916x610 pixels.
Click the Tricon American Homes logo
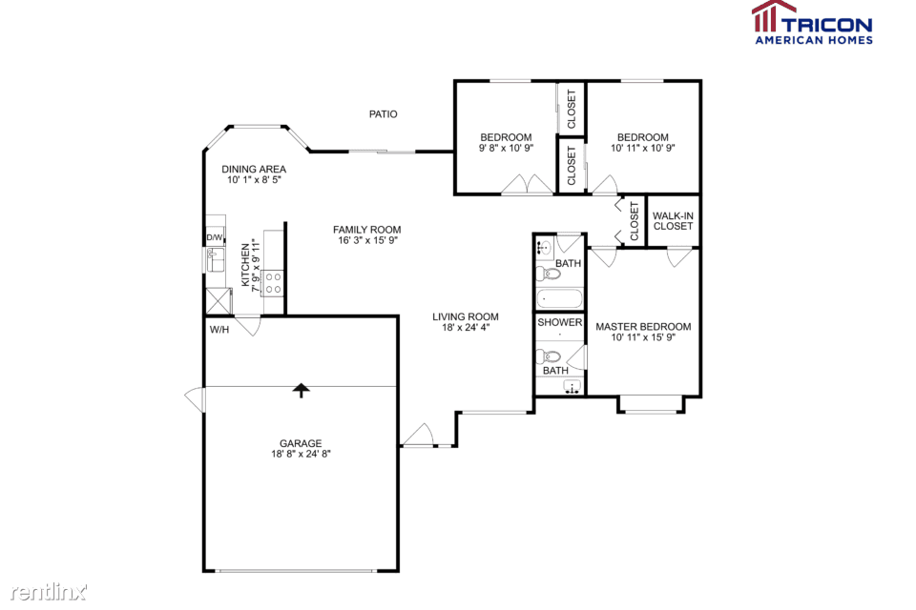[813, 23]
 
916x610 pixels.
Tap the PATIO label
[384, 114]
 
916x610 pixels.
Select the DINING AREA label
[254, 170]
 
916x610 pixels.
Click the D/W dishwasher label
[215, 237]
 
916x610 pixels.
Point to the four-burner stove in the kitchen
[273, 283]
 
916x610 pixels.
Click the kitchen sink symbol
[216, 259]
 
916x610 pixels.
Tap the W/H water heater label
[219, 330]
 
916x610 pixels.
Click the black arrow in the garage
[301, 391]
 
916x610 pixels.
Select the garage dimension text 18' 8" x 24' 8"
[301, 454]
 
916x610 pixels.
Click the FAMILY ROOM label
[366, 230]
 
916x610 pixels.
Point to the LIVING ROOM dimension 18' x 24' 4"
[466, 328]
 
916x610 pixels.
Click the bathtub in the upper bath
[559, 299]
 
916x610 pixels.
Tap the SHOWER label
[560, 322]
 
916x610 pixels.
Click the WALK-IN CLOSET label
[673, 221]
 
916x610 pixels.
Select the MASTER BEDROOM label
[643, 327]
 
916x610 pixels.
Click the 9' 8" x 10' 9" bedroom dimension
[506, 149]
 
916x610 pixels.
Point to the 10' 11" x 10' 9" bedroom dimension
[642, 149]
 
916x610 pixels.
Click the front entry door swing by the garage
[417, 435]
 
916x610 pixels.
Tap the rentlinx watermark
[49, 592]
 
